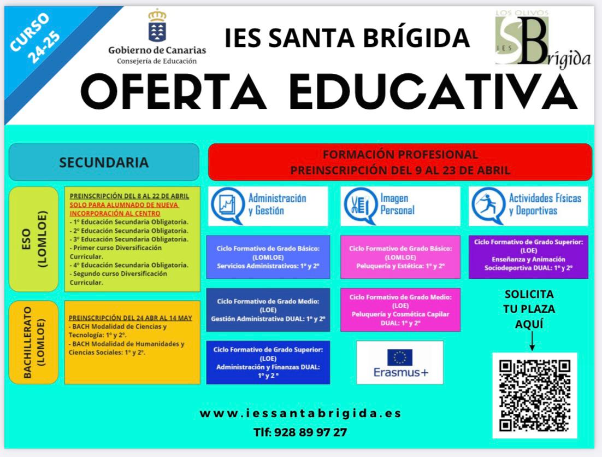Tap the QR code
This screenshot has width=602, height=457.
(x=534, y=395)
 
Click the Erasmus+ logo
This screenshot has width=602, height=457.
(x=400, y=362)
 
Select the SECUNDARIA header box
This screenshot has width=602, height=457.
(x=104, y=162)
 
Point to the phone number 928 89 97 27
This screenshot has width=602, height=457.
(x=311, y=432)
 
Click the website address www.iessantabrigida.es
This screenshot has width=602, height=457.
(x=300, y=413)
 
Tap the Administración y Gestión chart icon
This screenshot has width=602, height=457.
(x=228, y=206)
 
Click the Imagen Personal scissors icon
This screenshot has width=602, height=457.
(x=361, y=206)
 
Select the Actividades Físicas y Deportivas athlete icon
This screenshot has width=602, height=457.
(x=488, y=206)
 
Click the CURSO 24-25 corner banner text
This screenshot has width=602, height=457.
(x=35, y=38)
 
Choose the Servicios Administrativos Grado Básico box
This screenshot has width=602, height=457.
(x=268, y=257)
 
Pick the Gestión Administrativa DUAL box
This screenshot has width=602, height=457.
(x=268, y=309)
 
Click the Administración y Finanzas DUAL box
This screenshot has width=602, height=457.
(x=268, y=362)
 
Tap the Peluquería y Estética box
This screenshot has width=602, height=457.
(x=400, y=257)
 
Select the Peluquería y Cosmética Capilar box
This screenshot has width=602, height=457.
(x=400, y=309)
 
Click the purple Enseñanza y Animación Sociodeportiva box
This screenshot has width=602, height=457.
(x=528, y=257)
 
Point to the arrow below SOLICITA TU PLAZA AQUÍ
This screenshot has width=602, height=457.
(x=532, y=341)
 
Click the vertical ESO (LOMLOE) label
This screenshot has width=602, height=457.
(x=34, y=239)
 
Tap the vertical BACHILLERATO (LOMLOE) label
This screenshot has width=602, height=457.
(x=34, y=342)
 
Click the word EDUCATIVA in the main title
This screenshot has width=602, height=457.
(x=433, y=92)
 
